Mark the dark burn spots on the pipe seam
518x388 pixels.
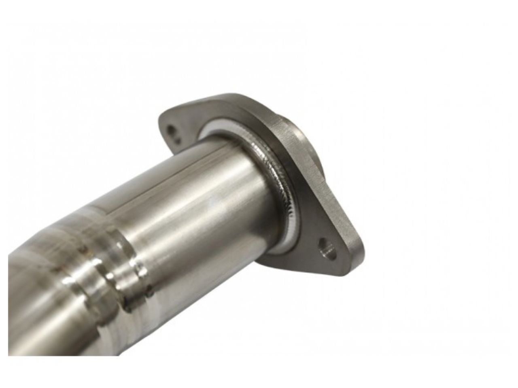point(134,299)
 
